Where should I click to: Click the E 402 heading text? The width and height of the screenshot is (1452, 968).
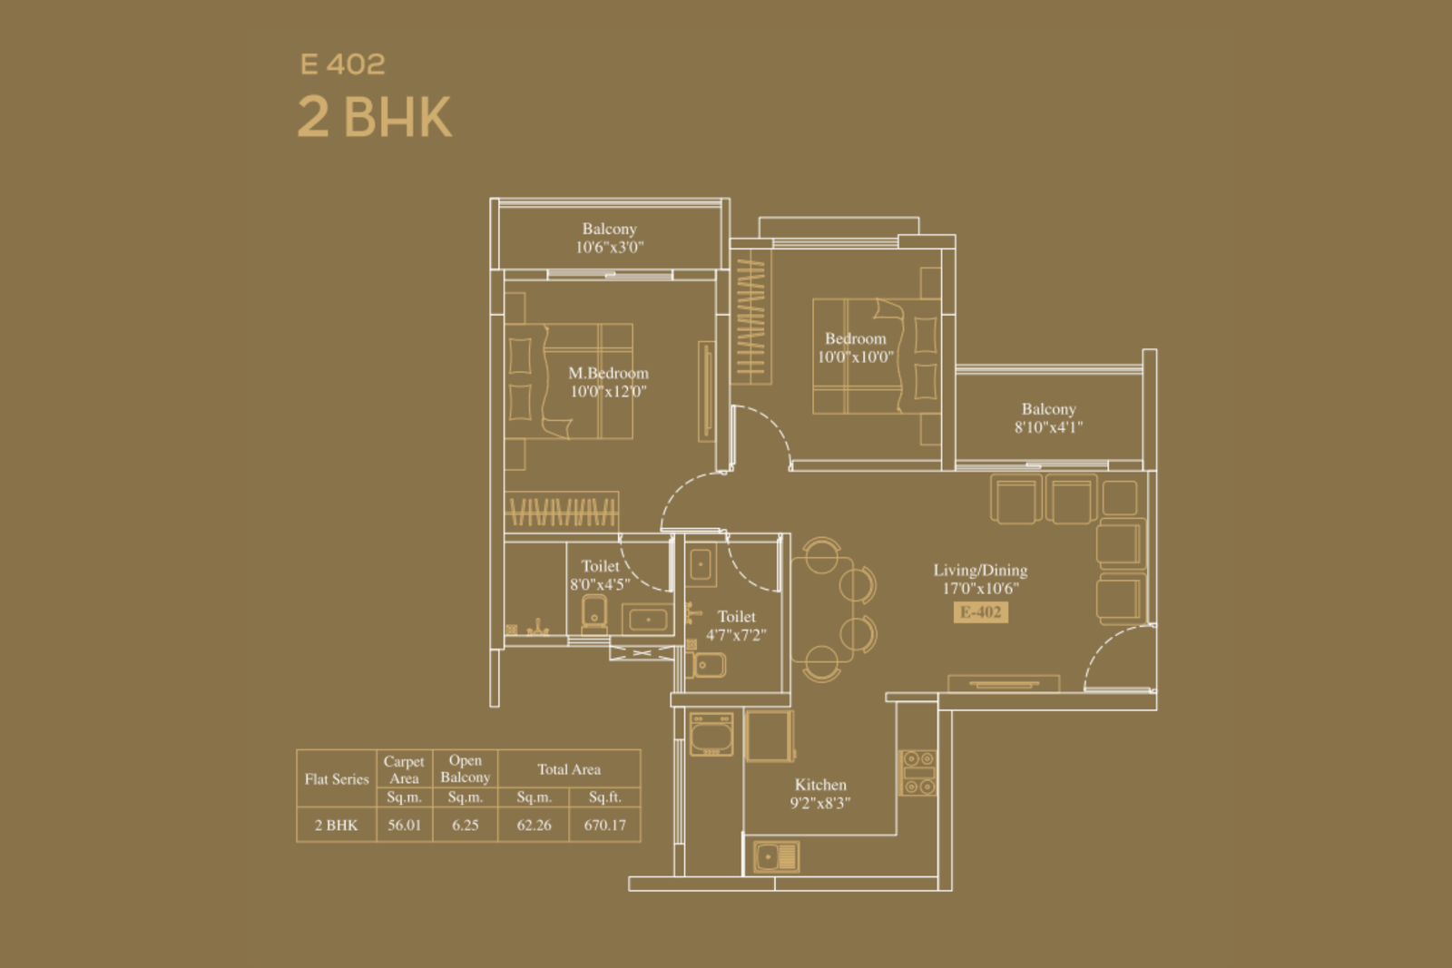coord(342,64)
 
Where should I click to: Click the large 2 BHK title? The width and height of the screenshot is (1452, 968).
coord(374,117)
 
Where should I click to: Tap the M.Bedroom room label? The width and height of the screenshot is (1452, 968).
coord(608,373)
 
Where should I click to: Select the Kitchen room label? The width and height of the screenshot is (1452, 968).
coord(820,785)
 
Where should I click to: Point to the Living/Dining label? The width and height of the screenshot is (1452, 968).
coord(980,570)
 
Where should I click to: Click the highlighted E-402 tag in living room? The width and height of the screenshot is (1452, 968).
coord(981,612)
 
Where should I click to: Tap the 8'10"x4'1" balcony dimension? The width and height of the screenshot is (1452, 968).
coord(1048,427)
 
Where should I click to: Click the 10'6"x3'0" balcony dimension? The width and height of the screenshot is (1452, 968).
coord(609,247)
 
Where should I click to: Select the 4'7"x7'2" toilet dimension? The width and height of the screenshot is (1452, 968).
coord(736,635)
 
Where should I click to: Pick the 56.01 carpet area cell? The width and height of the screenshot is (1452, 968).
coord(405,825)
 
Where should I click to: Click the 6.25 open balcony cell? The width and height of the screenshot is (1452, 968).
coord(466,825)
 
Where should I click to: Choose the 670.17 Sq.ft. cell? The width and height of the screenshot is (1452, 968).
coord(604,825)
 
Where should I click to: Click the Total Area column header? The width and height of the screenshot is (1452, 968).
coord(569,769)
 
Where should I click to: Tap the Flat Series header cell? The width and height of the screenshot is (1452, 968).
coord(337,778)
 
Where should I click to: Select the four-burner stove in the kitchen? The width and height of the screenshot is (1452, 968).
coord(917,772)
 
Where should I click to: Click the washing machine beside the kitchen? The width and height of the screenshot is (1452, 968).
coord(711,734)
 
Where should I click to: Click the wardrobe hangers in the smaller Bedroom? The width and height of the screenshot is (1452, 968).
coord(751,318)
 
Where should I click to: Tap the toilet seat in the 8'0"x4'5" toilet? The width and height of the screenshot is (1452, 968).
coord(594,614)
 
